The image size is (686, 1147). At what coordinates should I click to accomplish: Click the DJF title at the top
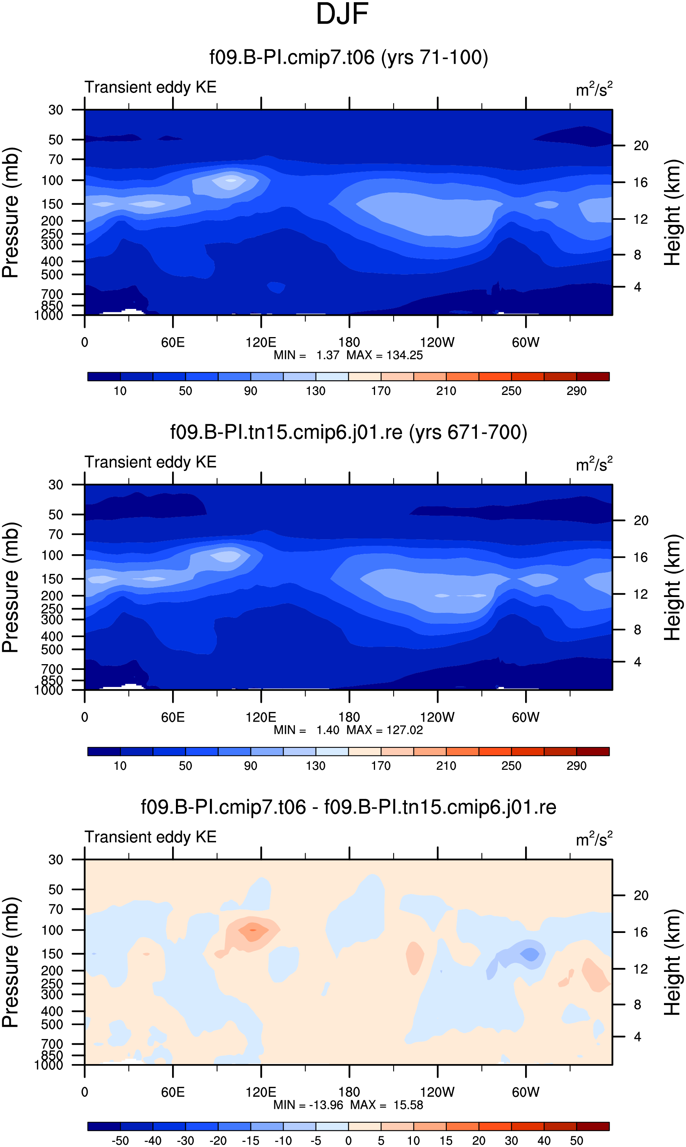342,14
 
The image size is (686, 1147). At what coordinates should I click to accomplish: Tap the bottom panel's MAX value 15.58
408,1105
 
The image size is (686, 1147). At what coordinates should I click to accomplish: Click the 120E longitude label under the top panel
261,342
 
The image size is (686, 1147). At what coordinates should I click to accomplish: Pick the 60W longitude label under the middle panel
525,717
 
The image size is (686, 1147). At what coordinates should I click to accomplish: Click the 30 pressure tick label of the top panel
56,110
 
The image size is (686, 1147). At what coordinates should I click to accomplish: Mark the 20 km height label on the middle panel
641,521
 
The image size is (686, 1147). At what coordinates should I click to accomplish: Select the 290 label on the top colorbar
576,391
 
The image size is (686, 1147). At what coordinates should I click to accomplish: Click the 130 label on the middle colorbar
315,766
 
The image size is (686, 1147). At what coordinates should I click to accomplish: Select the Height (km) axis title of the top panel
672,213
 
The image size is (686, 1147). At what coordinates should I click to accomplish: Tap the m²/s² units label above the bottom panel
594,838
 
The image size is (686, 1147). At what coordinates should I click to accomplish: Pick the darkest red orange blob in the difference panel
252,929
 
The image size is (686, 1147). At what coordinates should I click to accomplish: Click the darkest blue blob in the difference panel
530,954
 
